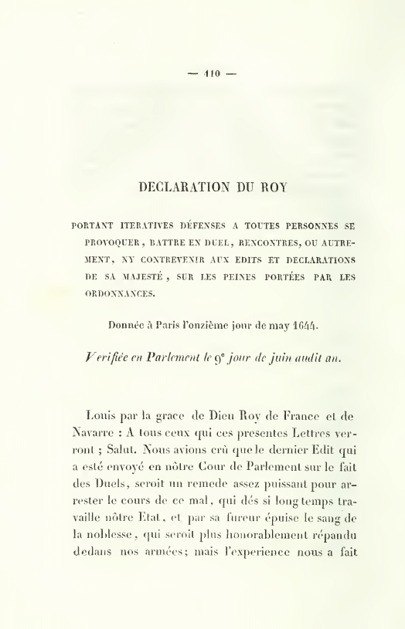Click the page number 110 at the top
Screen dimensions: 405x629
pos(213,74)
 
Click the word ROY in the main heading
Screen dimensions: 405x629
pos(273,186)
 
